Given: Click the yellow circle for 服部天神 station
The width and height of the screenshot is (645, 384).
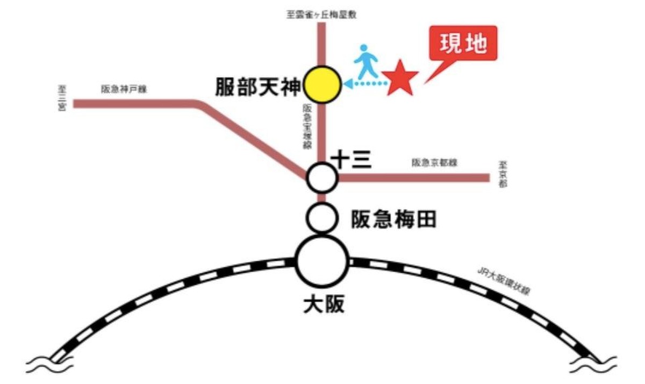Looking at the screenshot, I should click(x=322, y=85).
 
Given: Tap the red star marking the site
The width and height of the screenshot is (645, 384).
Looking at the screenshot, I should click(x=400, y=79).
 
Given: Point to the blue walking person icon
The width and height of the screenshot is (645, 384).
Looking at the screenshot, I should click(x=367, y=61).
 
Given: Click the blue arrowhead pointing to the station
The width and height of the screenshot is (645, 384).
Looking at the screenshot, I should click(x=348, y=84).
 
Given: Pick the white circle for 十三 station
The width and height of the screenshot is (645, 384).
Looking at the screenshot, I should click(x=322, y=177).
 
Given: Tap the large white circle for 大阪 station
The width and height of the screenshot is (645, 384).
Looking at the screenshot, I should click(x=322, y=262).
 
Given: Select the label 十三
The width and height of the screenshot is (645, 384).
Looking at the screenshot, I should click(x=352, y=159).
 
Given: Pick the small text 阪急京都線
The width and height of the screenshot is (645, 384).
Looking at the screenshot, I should click(x=434, y=162).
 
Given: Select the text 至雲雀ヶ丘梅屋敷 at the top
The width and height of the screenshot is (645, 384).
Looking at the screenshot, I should click(x=322, y=15).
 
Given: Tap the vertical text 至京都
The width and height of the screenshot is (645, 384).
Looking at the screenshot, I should click(x=502, y=175).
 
